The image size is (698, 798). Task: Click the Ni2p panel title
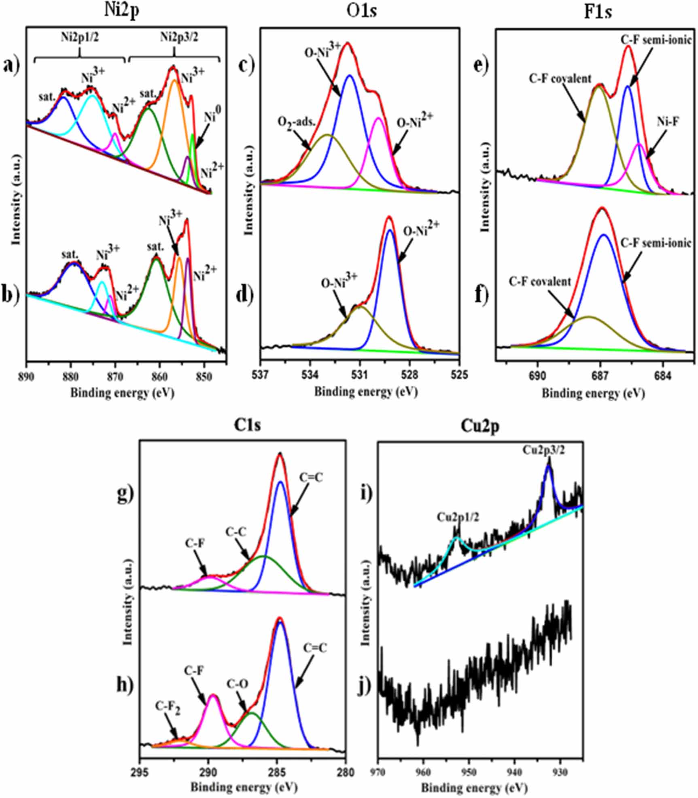(121, 11)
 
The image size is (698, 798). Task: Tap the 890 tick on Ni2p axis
(27, 374)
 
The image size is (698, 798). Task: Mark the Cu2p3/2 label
(544, 450)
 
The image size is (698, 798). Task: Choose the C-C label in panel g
(236, 531)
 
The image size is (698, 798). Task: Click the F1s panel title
(598, 12)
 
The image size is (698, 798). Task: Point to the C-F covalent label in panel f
(540, 282)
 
